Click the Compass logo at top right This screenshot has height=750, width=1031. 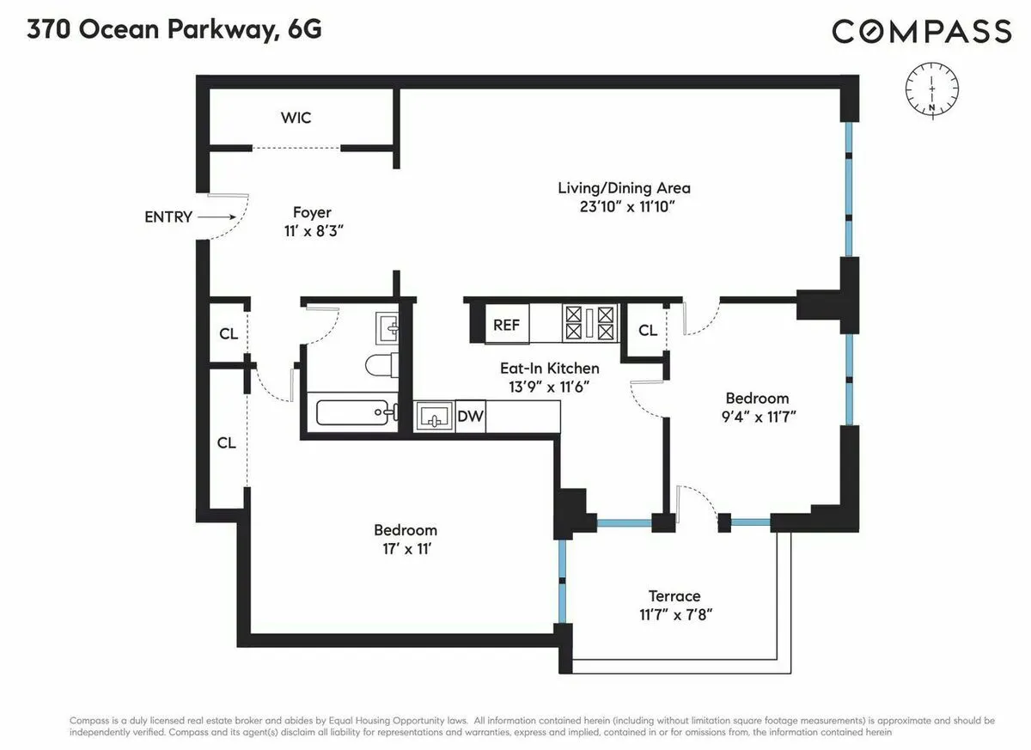[921, 32]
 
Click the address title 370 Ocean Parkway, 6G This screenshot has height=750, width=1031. [174, 30]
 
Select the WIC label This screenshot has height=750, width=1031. [296, 118]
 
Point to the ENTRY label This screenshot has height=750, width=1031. [168, 217]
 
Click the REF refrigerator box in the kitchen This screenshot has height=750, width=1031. [506, 326]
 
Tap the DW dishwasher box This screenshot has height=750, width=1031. [471, 418]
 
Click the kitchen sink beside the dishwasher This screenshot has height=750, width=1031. [434, 418]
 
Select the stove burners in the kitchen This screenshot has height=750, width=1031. [590, 324]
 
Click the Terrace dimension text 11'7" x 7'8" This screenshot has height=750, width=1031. [674, 615]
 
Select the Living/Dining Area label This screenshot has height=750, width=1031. [624, 188]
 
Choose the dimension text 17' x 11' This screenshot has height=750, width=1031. [405, 549]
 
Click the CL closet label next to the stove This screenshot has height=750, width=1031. [648, 331]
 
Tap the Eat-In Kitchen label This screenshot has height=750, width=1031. [550, 369]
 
